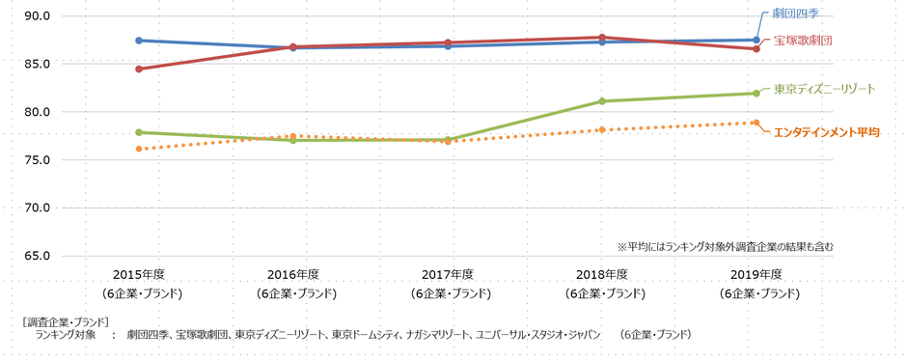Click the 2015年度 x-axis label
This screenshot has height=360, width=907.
coord(141,274)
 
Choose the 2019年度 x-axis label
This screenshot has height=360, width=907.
coord(756,274)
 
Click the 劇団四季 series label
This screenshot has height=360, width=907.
coord(797,14)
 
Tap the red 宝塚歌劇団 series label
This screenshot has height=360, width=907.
coord(803,41)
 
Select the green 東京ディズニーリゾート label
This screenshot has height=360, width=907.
coord(824,89)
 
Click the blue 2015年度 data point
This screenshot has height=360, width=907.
coord(140,41)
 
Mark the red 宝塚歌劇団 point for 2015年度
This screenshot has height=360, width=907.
coord(140,69)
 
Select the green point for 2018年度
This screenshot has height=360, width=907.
coord(602,101)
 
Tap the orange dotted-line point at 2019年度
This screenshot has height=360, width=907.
coord(756,123)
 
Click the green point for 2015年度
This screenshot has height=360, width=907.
coord(140,132)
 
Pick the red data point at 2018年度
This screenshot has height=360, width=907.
coord(602,38)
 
